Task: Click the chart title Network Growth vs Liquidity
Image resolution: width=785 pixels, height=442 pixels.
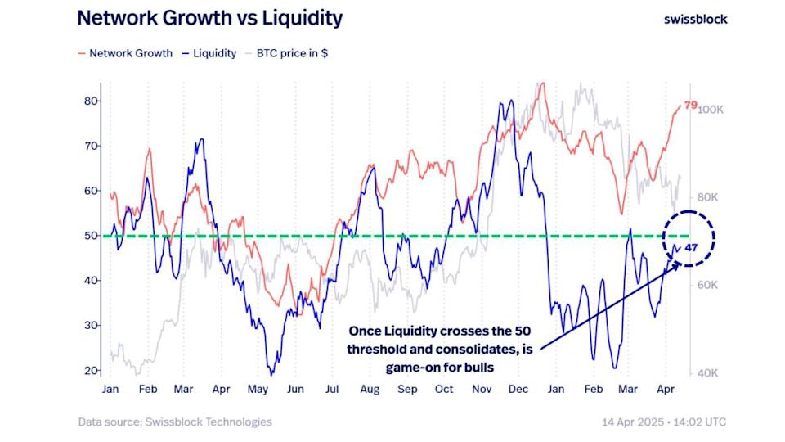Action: [210, 19]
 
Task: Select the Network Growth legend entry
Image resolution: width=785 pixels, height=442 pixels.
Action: [125, 53]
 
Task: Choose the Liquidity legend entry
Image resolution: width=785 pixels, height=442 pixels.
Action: [209, 53]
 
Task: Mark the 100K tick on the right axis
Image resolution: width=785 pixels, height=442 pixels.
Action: [708, 110]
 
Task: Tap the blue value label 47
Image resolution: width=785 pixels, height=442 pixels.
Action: [691, 247]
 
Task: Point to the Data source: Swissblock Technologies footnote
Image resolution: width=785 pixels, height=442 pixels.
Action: [175, 422]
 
